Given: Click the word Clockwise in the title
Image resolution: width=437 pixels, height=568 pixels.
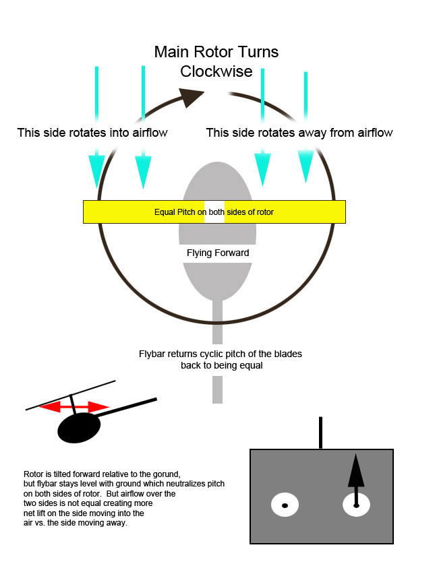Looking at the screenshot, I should [216, 71].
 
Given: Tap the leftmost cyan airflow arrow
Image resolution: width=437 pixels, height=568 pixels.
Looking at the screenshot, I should [96, 128].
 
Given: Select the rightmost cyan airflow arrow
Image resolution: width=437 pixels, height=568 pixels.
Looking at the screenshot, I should [306, 128].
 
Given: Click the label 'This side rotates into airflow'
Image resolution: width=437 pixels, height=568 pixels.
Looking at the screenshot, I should [92, 133].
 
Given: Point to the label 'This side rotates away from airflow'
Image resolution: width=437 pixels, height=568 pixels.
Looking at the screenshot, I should [299, 133].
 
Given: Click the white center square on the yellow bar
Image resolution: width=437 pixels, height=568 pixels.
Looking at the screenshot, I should [214, 212].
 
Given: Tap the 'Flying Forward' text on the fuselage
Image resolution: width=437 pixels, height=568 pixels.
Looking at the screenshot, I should [217, 253].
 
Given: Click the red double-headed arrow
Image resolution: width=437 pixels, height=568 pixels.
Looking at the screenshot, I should [74, 407].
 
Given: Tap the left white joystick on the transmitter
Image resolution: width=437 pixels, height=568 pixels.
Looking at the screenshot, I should [285, 505].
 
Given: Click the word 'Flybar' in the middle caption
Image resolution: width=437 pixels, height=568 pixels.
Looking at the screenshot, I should [152, 354].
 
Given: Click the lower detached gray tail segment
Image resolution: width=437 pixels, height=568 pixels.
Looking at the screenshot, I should [217, 390].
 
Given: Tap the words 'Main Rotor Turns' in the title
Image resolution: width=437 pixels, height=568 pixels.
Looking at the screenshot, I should [216, 52].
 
